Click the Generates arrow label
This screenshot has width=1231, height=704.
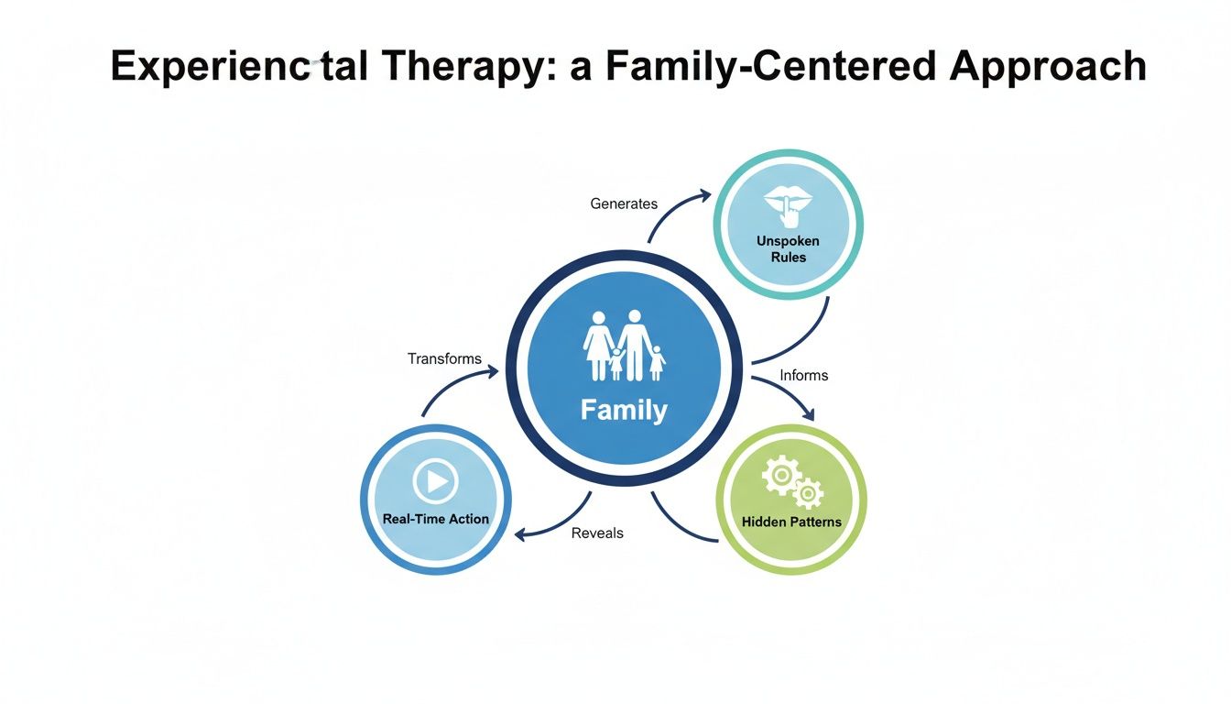pyautogui.click(x=624, y=203)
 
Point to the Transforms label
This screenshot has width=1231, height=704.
pyautogui.click(x=444, y=358)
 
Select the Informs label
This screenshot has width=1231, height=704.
pyautogui.click(x=803, y=375)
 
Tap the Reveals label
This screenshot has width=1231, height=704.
pyautogui.click(x=597, y=533)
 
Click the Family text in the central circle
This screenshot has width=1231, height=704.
pyautogui.click(x=624, y=410)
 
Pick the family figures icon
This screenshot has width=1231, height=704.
pyautogui.click(x=624, y=346)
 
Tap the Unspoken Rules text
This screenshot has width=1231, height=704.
pyautogui.click(x=788, y=248)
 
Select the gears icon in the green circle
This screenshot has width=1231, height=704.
pyautogui.click(x=792, y=484)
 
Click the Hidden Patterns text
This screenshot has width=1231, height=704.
pyautogui.click(x=791, y=522)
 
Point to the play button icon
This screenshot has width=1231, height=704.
pyautogui.click(x=435, y=479)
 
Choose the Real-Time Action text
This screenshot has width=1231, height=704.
pyautogui.click(x=435, y=519)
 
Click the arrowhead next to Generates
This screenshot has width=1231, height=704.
pyautogui.click(x=704, y=193)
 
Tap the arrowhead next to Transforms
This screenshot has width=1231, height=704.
pyautogui.click(x=494, y=371)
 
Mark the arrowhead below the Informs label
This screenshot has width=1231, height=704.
pyautogui.click(x=807, y=415)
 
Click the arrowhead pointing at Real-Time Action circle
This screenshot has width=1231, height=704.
pyautogui.click(x=520, y=534)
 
